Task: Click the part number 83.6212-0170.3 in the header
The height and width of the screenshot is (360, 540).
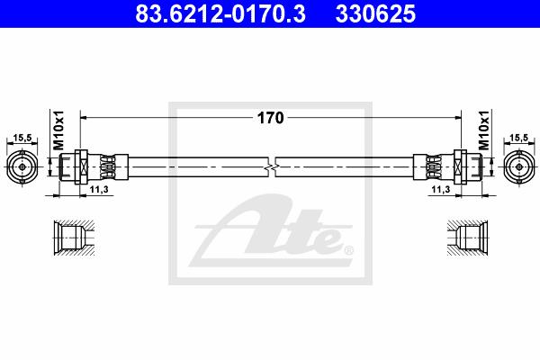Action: tap(220, 13)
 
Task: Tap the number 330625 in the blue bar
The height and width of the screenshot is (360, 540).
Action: tap(375, 13)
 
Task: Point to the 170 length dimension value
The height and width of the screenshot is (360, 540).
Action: tap(270, 118)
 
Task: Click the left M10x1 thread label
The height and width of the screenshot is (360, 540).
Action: tap(58, 130)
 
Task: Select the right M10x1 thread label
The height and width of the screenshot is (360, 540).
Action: tap(484, 130)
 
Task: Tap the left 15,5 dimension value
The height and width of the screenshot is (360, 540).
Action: tap(22, 138)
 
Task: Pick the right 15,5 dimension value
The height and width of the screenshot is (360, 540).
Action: tap(518, 138)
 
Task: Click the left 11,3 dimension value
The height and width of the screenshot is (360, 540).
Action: tap(99, 190)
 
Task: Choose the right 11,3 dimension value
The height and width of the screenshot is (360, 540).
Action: tap(441, 190)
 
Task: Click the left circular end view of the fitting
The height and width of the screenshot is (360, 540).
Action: tap(22, 167)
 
